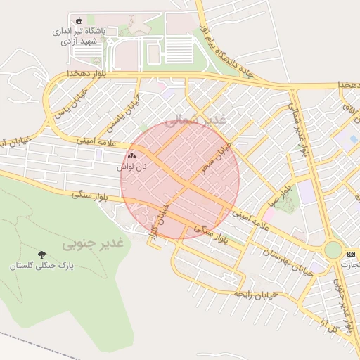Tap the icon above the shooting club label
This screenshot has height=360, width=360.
[x=78, y=20]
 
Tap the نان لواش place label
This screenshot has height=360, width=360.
[x=132, y=168]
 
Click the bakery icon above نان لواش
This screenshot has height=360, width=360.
[x=132, y=156]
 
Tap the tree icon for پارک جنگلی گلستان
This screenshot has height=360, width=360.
[x=41, y=255]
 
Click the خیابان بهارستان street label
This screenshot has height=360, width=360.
[x=286, y=262]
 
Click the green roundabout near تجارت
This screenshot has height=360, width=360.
[x=333, y=250]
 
